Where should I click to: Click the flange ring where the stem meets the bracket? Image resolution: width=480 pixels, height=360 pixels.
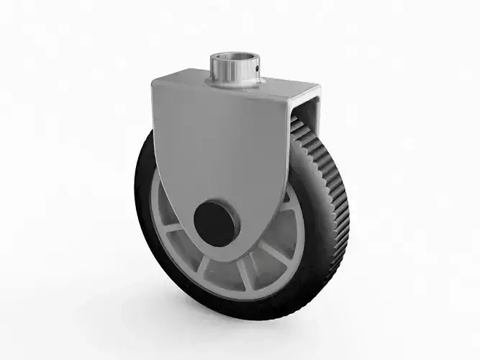click(230, 85)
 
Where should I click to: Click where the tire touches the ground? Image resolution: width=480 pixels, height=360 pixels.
click(245, 317)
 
